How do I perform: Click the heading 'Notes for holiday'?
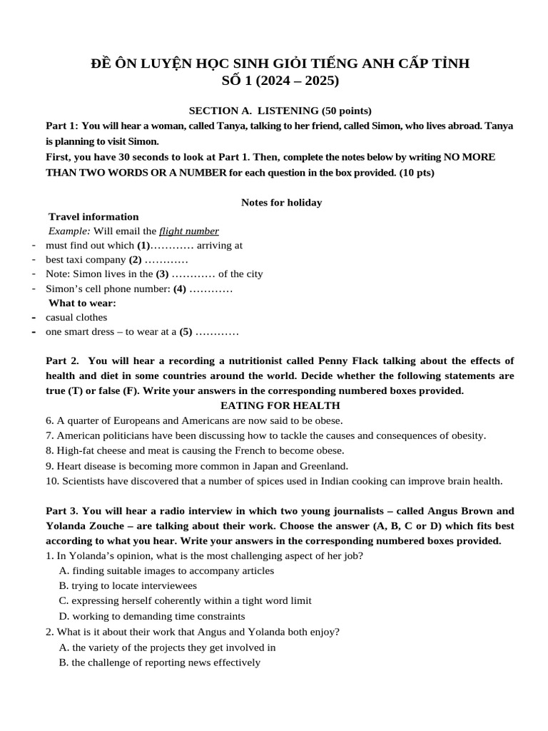coord(281,202)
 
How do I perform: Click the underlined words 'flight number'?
coord(188,231)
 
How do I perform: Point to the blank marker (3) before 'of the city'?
coord(163,273)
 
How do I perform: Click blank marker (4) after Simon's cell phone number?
coord(180,288)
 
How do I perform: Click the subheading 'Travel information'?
coord(93,216)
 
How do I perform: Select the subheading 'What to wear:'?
coord(82,303)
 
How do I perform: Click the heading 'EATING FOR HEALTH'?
coord(279,405)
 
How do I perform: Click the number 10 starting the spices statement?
coord(51,480)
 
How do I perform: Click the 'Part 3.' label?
coord(62,511)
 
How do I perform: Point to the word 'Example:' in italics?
coord(69,231)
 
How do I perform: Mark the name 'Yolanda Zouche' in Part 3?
coord(81,525)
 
